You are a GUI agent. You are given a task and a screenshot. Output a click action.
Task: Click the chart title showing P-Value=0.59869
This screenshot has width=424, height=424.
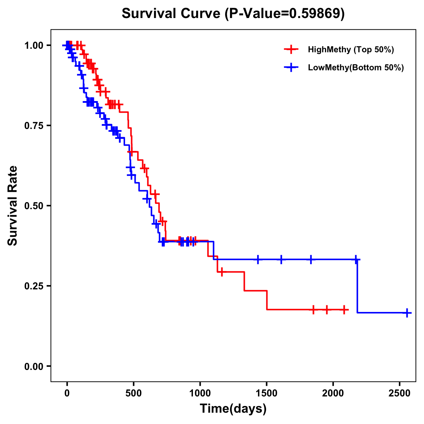pos(233,13)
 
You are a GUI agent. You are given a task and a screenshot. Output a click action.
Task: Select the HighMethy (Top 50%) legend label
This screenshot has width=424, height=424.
pos(351,49)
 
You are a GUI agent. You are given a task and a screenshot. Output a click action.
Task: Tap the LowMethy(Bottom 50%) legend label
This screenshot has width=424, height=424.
pos(356,67)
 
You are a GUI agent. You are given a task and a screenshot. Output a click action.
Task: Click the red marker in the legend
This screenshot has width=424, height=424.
pos(291,49)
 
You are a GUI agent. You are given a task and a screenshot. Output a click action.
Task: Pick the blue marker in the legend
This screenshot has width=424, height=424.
pos(291,67)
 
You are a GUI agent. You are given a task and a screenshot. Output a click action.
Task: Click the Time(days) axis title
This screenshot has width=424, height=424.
pos(233,409)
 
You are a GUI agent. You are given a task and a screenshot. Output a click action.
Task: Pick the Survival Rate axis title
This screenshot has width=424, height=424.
pos(13,206)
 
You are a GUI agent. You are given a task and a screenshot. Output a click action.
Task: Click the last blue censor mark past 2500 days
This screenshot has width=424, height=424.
pos(407,313)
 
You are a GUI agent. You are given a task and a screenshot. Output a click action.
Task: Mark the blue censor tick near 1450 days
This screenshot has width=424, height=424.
pos(258,259)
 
